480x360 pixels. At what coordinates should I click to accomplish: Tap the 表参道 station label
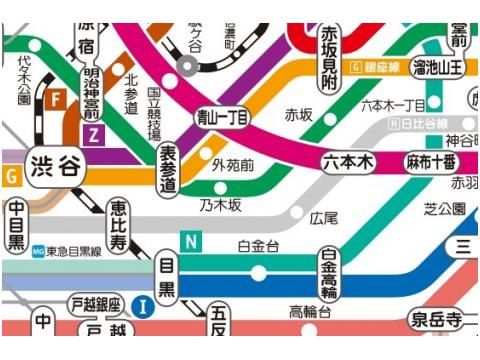pos(168,169)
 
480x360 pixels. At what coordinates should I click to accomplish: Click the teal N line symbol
pos(189,241)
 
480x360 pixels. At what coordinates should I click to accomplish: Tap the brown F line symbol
pos(58,99)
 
